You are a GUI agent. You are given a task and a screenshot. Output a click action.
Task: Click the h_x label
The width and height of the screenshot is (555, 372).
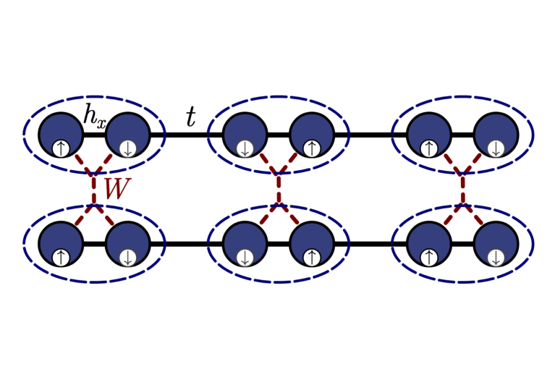(x=95, y=117)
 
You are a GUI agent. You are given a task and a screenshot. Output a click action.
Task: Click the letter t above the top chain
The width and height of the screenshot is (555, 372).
(x=190, y=117)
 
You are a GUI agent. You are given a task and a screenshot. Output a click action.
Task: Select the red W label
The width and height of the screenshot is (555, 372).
(x=116, y=189)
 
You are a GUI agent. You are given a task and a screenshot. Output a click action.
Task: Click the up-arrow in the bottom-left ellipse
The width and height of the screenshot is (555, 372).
(x=61, y=257)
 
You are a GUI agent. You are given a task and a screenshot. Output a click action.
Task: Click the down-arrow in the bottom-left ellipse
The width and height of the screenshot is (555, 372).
(x=128, y=257)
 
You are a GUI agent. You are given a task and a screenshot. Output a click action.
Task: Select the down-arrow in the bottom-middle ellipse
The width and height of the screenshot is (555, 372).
(x=245, y=257)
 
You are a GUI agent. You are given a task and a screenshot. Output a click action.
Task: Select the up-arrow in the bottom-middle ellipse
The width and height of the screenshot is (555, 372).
(x=311, y=257)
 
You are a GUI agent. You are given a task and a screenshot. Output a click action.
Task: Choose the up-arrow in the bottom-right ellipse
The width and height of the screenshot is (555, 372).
(x=429, y=257)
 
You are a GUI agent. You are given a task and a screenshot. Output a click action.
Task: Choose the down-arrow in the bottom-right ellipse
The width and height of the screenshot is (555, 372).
(x=496, y=257)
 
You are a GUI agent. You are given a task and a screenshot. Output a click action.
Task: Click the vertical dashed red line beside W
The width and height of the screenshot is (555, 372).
(x=94, y=190)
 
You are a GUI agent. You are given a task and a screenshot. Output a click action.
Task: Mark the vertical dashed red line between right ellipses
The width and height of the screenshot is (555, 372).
(x=462, y=190)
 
